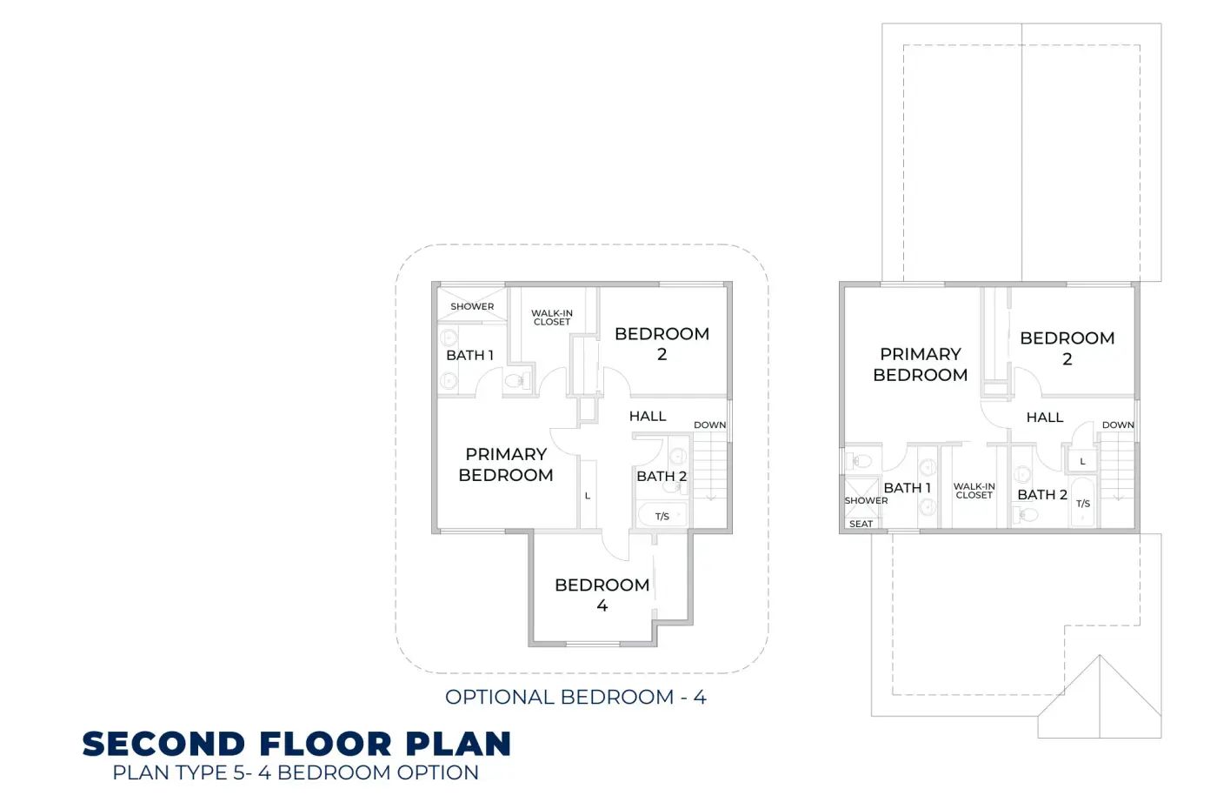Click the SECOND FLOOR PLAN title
(296, 744)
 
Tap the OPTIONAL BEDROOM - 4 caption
(575, 697)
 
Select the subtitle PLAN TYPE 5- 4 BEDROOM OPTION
(296, 772)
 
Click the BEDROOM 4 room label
(602, 595)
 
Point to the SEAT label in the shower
(861, 524)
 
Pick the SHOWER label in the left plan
(472, 306)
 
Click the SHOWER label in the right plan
(866, 500)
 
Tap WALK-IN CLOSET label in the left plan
(552, 318)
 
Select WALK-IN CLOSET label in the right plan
(974, 491)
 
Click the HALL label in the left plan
(648, 416)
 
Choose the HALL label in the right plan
(1045, 417)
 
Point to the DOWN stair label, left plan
(709, 425)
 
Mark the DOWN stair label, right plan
(1118, 425)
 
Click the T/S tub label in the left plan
(662, 516)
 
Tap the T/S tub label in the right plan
(1083, 504)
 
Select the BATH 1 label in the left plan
(470, 355)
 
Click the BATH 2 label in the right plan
(1042, 495)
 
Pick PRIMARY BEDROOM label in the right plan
(921, 364)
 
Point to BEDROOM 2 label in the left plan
(662, 344)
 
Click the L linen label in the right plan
(1082, 461)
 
